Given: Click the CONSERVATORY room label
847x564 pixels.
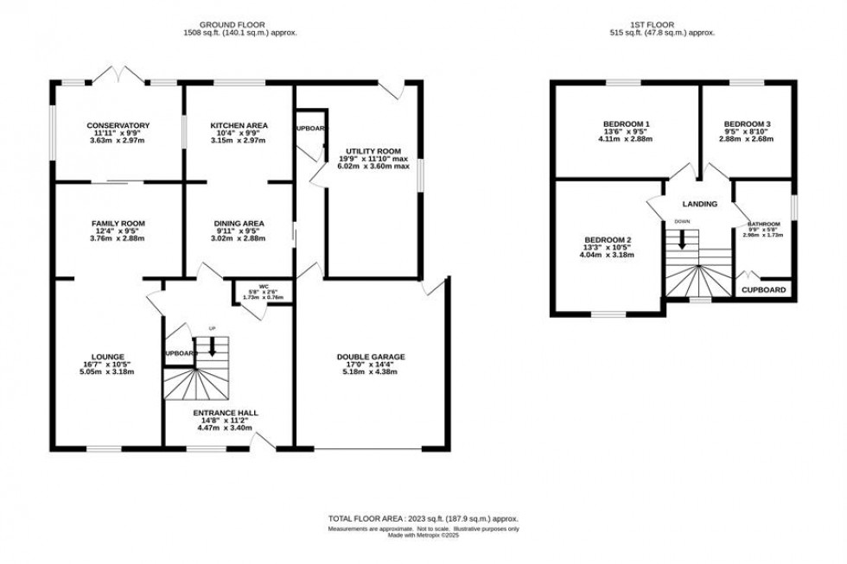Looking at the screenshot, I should pyautogui.click(x=118, y=125).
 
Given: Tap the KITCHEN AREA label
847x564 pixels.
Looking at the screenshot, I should pyautogui.click(x=239, y=125).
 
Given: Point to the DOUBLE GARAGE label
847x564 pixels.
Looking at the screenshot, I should pyautogui.click(x=371, y=356).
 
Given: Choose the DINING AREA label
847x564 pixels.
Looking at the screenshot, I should pyautogui.click(x=239, y=224).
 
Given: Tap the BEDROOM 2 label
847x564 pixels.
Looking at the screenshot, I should pyautogui.click(x=608, y=239).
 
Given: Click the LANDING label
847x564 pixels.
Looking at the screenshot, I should pyautogui.click(x=699, y=205).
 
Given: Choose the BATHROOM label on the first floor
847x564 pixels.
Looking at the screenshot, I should pyautogui.click(x=763, y=225).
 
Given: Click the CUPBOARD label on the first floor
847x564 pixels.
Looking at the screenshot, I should pyautogui.click(x=764, y=290).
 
